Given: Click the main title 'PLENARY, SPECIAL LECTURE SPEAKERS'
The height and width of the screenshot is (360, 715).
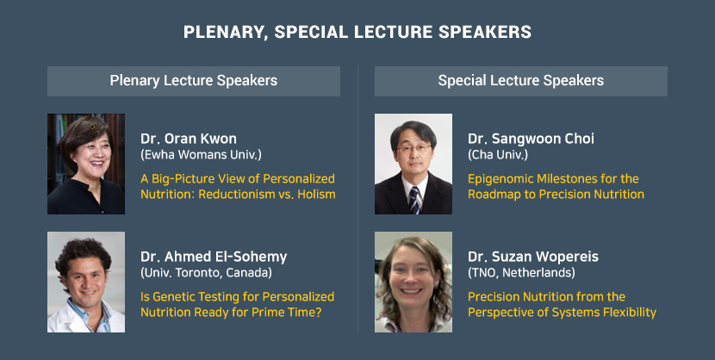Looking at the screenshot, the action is [x=357, y=32].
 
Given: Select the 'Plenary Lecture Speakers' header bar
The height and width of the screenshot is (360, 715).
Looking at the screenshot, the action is [x=194, y=81].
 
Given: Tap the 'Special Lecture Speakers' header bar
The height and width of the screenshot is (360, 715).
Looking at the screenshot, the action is [x=521, y=81].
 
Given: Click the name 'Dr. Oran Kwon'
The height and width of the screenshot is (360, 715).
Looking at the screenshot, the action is [x=189, y=139].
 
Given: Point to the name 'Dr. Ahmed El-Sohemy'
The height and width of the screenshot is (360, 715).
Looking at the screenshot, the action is [x=214, y=257].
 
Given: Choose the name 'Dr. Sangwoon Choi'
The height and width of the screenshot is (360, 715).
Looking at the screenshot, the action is [x=532, y=139].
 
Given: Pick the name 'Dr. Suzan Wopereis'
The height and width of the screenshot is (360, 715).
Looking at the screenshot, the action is [x=533, y=257].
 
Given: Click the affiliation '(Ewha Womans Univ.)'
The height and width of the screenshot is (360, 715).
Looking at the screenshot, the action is [x=201, y=155].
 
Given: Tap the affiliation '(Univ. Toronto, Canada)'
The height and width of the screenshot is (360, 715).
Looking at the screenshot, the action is [x=206, y=273].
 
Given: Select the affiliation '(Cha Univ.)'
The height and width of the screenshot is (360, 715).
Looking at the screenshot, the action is [x=498, y=155].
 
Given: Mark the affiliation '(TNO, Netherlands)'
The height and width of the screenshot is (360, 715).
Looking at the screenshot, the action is [x=521, y=273].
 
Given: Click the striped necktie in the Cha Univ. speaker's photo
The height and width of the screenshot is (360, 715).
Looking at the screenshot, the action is [x=414, y=200].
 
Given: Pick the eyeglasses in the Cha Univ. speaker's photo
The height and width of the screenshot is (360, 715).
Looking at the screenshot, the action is [x=413, y=148].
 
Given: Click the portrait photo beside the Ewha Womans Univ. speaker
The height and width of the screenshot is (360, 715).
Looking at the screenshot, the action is [x=86, y=164].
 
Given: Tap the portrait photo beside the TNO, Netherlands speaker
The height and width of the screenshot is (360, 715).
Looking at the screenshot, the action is [x=413, y=282].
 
